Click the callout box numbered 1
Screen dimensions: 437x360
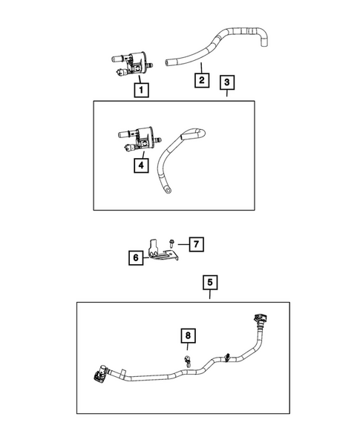[139, 91]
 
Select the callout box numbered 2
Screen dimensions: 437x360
[200, 79]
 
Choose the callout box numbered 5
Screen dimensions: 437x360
[210, 282]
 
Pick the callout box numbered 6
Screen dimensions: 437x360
[136, 257]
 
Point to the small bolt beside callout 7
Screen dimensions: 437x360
[171, 243]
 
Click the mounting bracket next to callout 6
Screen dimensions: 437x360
[160, 250]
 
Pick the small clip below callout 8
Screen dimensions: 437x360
[189, 361]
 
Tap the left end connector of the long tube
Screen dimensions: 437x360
[101, 375]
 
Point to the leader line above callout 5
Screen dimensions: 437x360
[210, 295]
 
